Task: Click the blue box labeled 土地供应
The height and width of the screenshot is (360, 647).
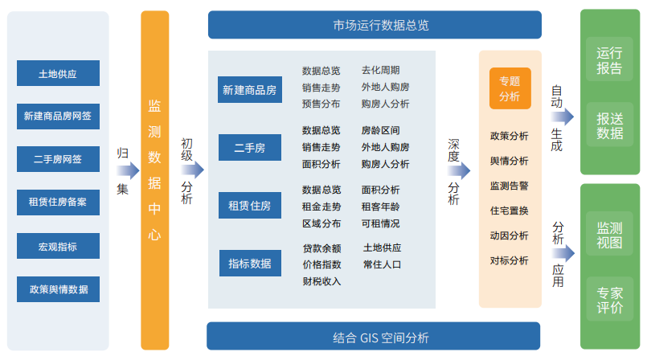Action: [58, 73]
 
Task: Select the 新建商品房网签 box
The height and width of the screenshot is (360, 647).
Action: [58, 117]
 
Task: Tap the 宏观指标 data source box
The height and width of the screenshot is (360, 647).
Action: [58, 246]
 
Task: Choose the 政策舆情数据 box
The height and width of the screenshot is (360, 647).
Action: [58, 289]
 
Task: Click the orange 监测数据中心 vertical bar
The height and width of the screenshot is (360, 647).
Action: [155, 180]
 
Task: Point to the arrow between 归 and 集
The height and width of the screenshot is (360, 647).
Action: [128, 170]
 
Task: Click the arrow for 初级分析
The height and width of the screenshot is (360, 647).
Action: [192, 170]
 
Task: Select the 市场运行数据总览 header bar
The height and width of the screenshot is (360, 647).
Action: [375, 25]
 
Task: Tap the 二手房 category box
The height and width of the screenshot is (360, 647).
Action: [250, 147]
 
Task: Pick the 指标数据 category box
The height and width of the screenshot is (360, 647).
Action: [250, 263]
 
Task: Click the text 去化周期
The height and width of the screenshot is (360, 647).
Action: [380, 70]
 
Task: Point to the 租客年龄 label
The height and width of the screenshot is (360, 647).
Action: [380, 207]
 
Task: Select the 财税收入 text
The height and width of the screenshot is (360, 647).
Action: [321, 281]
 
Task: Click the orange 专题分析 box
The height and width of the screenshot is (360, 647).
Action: [510, 88]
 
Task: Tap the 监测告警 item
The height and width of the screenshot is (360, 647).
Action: [510, 186]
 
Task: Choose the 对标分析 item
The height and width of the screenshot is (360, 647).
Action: [510, 260]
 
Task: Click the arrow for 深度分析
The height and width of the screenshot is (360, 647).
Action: [459, 170]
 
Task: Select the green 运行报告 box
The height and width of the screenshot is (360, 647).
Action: [609, 59]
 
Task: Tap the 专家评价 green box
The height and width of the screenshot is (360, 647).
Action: [610, 299]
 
